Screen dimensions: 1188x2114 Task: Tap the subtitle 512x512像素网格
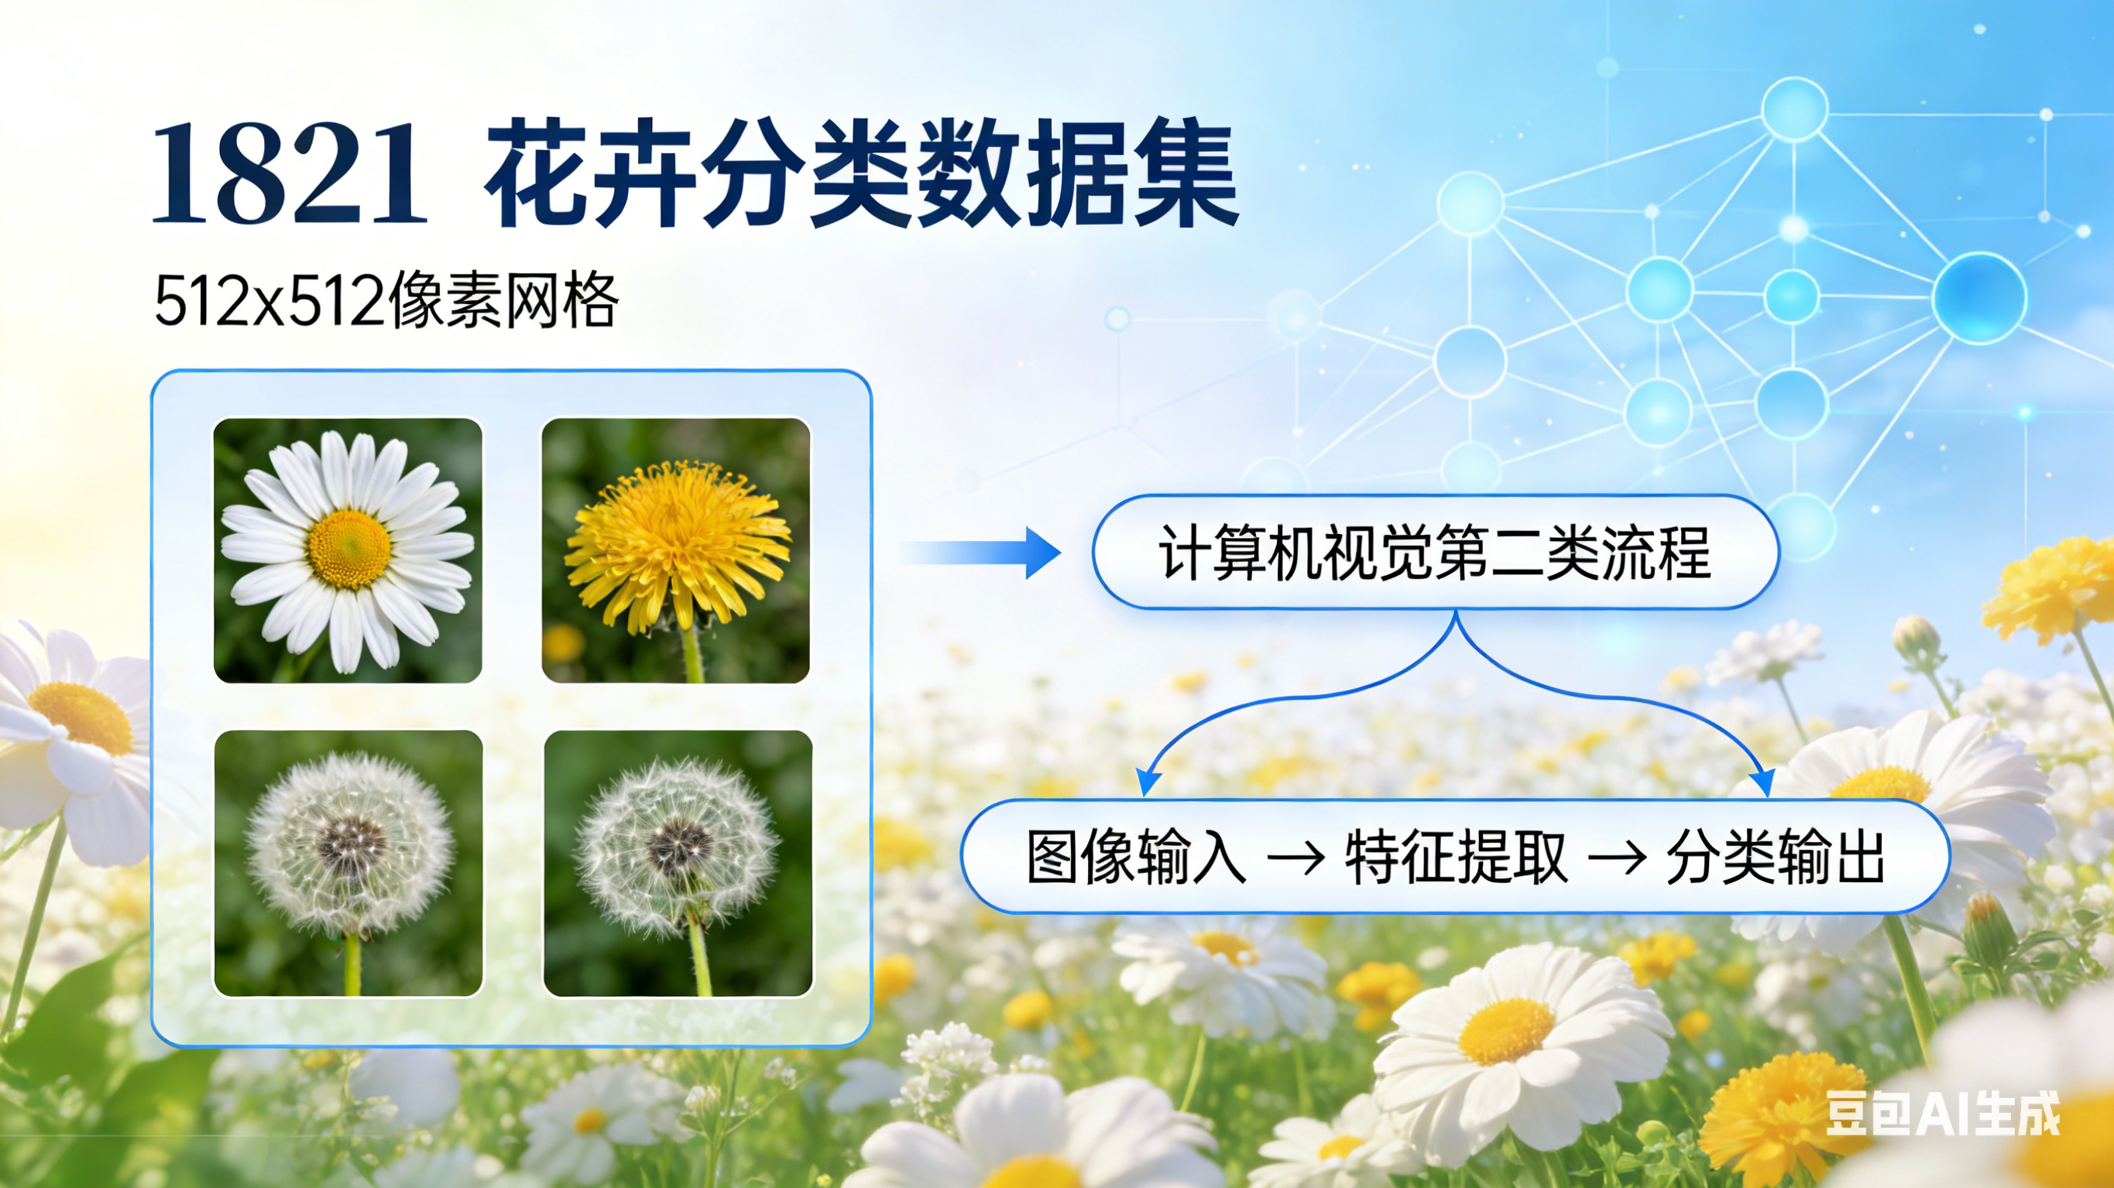coord(386,301)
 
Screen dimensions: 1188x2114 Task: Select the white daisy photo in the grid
coord(347,550)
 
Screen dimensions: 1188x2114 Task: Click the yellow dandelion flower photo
coord(675,550)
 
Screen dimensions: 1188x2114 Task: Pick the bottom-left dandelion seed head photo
coord(348,863)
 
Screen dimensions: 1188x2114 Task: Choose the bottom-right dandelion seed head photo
coord(678,863)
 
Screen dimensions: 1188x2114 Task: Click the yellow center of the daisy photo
coord(349,548)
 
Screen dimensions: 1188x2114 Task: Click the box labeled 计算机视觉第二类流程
coord(1434,553)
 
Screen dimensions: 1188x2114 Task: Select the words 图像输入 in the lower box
coord(1136,858)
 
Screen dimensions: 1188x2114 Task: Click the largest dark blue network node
coord(1978,298)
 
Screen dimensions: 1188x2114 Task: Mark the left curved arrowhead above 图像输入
coord(1148,782)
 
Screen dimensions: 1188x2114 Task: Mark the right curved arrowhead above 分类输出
coord(1762,782)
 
